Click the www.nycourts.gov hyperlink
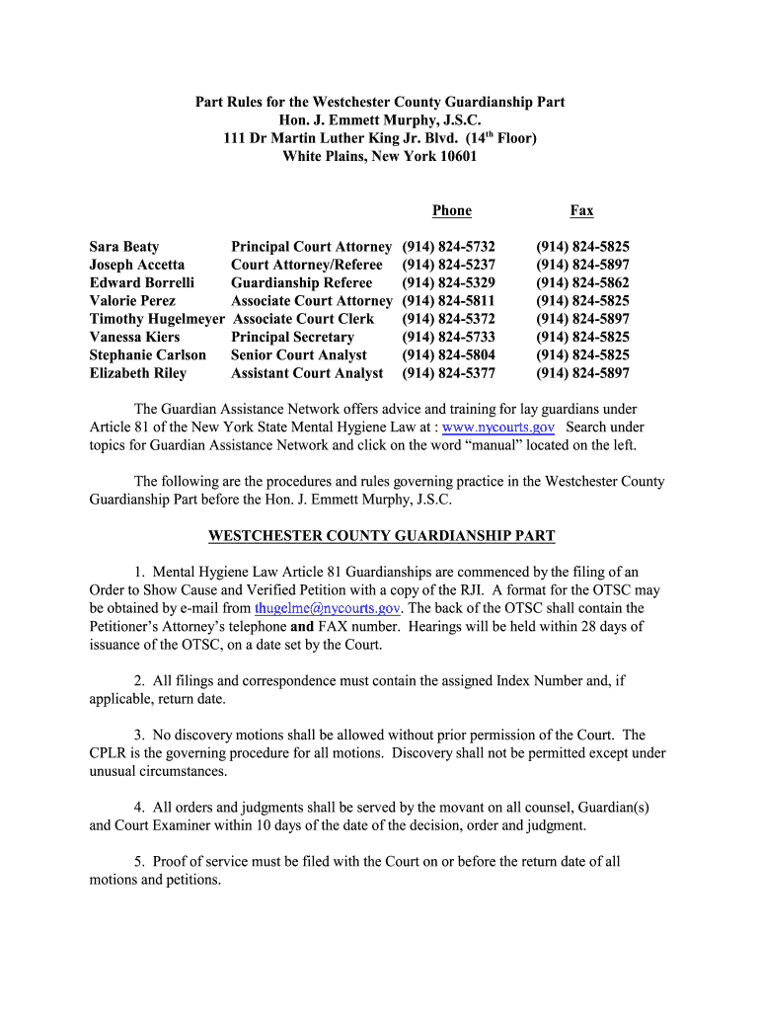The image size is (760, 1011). (x=498, y=427)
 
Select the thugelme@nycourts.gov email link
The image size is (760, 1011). (x=327, y=608)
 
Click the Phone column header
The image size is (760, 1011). (x=451, y=210)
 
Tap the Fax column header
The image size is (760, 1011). (x=581, y=210)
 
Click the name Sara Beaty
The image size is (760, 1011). (x=123, y=247)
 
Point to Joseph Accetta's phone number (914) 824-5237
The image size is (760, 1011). (x=448, y=265)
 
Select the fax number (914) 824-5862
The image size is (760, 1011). (x=582, y=282)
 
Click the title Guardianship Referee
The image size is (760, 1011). (x=301, y=282)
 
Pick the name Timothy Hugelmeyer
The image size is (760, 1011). (x=157, y=319)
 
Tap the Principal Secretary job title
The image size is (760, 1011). (x=292, y=337)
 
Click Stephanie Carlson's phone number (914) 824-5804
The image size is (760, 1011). (x=448, y=354)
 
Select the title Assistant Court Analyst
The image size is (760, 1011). (x=307, y=373)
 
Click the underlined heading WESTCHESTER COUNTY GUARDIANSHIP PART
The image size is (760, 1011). (x=381, y=536)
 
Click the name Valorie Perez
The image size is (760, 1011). (x=132, y=300)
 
